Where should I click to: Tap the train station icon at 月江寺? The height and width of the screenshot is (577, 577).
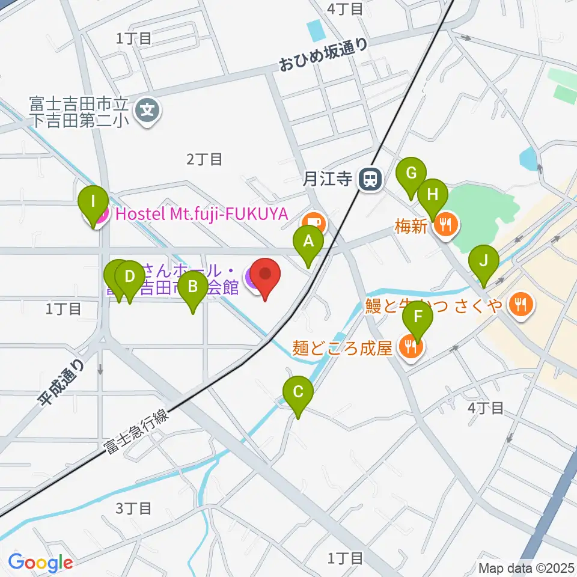(368, 179)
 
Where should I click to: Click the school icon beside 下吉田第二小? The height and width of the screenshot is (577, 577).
(147, 110)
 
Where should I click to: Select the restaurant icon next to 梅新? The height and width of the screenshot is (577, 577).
(445, 225)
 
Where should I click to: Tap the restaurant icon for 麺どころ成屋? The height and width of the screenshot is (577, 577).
(412, 347)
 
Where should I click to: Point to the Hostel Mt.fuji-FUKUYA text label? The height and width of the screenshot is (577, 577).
(202, 213)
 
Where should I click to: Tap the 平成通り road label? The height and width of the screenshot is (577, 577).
(62, 383)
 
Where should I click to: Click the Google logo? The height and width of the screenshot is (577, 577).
(40, 563)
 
